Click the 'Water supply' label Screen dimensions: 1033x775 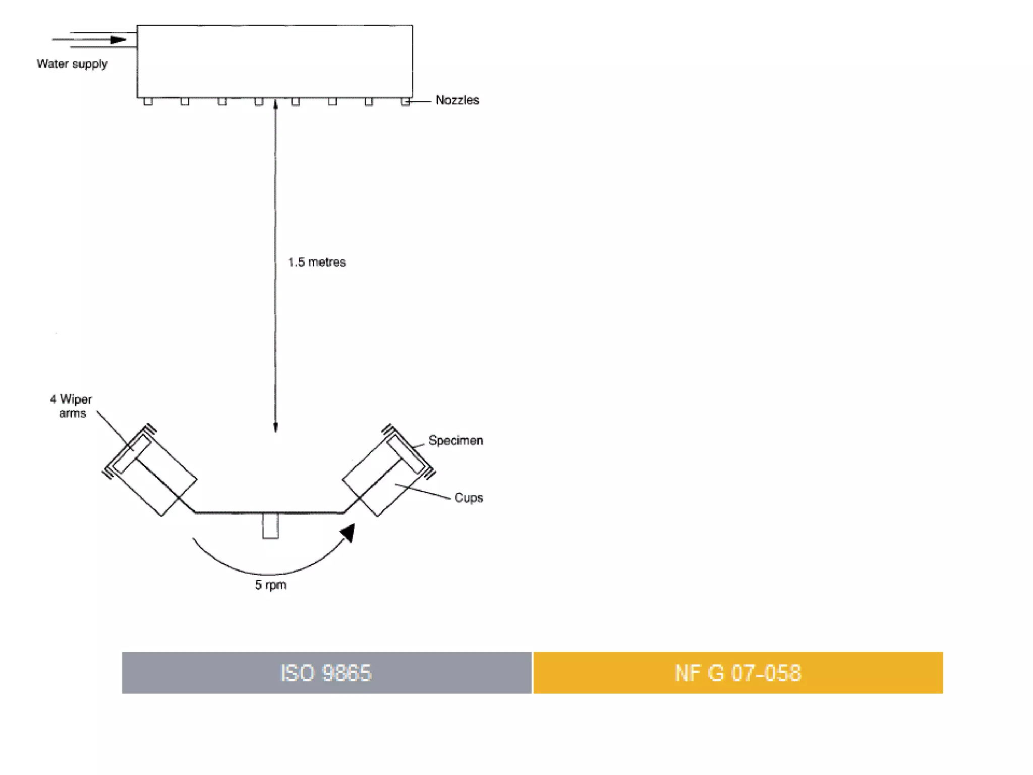pos(72,64)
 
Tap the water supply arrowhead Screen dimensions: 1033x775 pos(119,39)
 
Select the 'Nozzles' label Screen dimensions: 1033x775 pos(457,100)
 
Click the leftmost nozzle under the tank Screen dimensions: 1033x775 pos(148,101)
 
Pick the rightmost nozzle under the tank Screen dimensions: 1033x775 pos(405,101)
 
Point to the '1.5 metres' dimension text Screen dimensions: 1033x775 pos(317,262)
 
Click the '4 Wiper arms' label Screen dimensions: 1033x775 pos(71,406)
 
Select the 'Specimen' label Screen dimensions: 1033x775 pos(455,440)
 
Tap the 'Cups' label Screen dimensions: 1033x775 pos(469,497)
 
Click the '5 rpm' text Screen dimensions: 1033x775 pos(270,585)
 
